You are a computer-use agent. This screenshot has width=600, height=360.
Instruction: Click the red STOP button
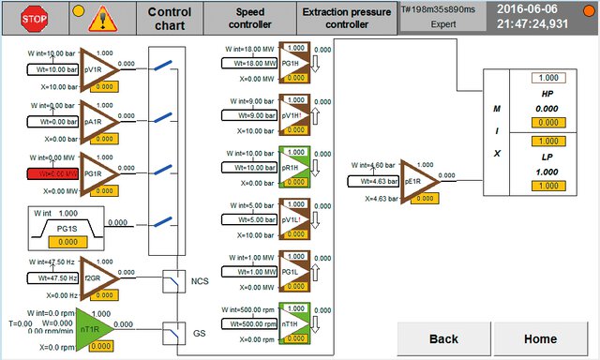(35, 18)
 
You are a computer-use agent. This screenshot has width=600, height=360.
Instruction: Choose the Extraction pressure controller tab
(346, 18)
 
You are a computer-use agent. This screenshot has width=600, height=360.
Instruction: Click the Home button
(541, 338)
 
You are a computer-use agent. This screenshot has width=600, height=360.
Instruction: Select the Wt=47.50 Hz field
(43, 278)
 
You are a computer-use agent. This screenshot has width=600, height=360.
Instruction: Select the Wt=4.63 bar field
(374, 180)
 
